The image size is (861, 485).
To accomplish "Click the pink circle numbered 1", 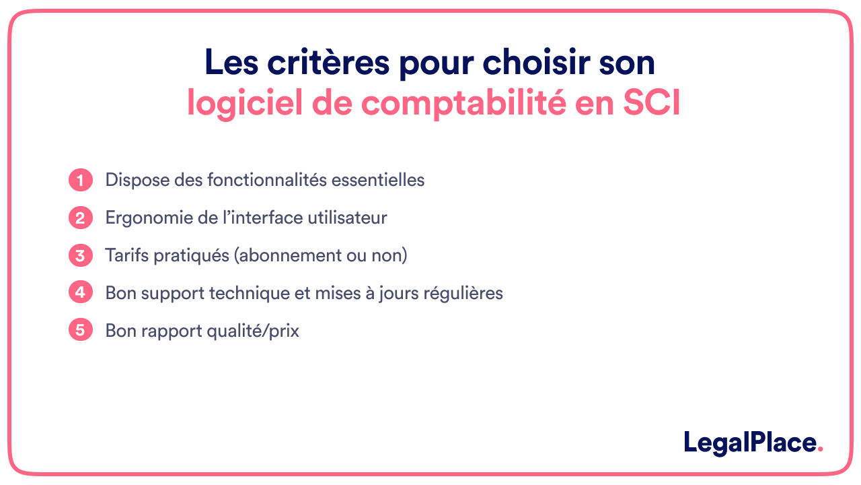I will point(80,181).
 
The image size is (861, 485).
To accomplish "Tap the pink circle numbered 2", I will point(80,218).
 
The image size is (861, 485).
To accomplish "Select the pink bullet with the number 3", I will point(80,256).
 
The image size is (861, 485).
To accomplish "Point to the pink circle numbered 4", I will point(80,294).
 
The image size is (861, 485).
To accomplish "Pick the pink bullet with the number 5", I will point(80,331).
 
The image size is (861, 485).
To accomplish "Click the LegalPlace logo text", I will point(749,443).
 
